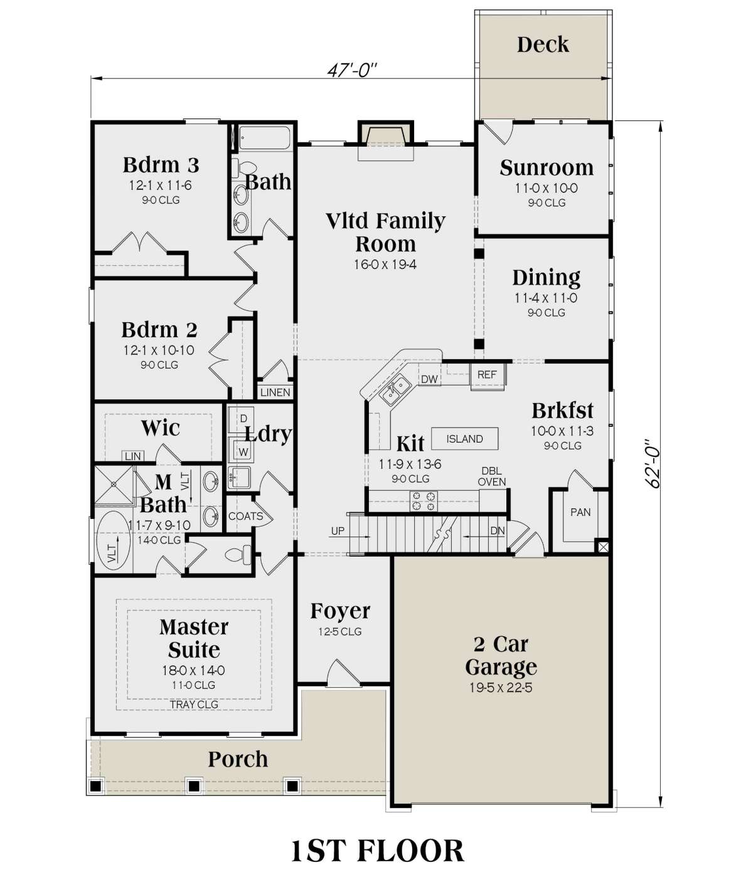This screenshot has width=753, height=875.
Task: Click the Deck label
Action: coord(543,45)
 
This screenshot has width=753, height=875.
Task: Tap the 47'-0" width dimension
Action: coord(351,70)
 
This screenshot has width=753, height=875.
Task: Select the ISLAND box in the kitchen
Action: coord(464,439)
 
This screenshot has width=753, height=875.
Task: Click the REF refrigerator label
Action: coord(486,374)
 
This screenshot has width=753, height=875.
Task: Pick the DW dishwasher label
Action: coord(429,379)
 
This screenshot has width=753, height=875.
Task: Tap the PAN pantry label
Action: coord(580,512)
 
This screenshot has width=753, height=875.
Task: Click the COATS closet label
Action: coord(246,516)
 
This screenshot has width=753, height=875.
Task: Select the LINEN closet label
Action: coord(275,392)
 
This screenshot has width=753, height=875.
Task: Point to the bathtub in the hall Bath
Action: coord(265,137)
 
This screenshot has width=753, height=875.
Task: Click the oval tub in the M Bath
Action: coord(113,542)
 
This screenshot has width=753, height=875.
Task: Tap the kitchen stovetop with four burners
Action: coord(424,501)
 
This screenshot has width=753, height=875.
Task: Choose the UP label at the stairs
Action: coord(338,531)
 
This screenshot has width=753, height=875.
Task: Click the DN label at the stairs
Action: coord(497,530)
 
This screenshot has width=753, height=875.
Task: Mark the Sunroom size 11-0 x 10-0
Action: coord(546,188)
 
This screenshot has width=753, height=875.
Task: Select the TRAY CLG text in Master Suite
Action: coord(194,705)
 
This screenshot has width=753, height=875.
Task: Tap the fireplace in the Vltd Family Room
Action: coord(386,140)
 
